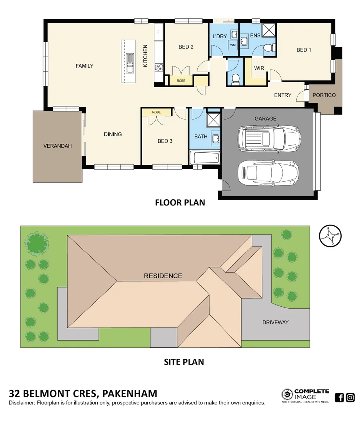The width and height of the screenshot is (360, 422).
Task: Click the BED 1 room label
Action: [x=304, y=50]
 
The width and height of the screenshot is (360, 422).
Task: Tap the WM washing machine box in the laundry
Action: [x=233, y=45]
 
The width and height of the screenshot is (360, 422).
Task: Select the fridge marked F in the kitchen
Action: [x=159, y=32]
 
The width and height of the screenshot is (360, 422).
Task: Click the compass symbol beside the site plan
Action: [x=330, y=236]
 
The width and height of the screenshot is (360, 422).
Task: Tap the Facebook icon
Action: [x=340, y=398]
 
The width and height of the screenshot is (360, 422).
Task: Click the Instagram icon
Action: [x=350, y=398]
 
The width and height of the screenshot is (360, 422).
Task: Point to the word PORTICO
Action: [x=324, y=95]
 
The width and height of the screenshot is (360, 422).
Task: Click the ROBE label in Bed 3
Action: [x=156, y=113]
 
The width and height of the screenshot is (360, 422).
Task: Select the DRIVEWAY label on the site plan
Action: [x=275, y=322]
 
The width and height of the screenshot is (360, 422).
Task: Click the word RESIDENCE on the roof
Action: [x=163, y=276]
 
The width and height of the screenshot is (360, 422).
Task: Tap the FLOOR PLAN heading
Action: [x=180, y=202]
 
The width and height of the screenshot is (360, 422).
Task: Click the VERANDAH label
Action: [x=57, y=146]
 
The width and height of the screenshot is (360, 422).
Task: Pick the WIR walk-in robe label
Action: [x=259, y=68]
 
